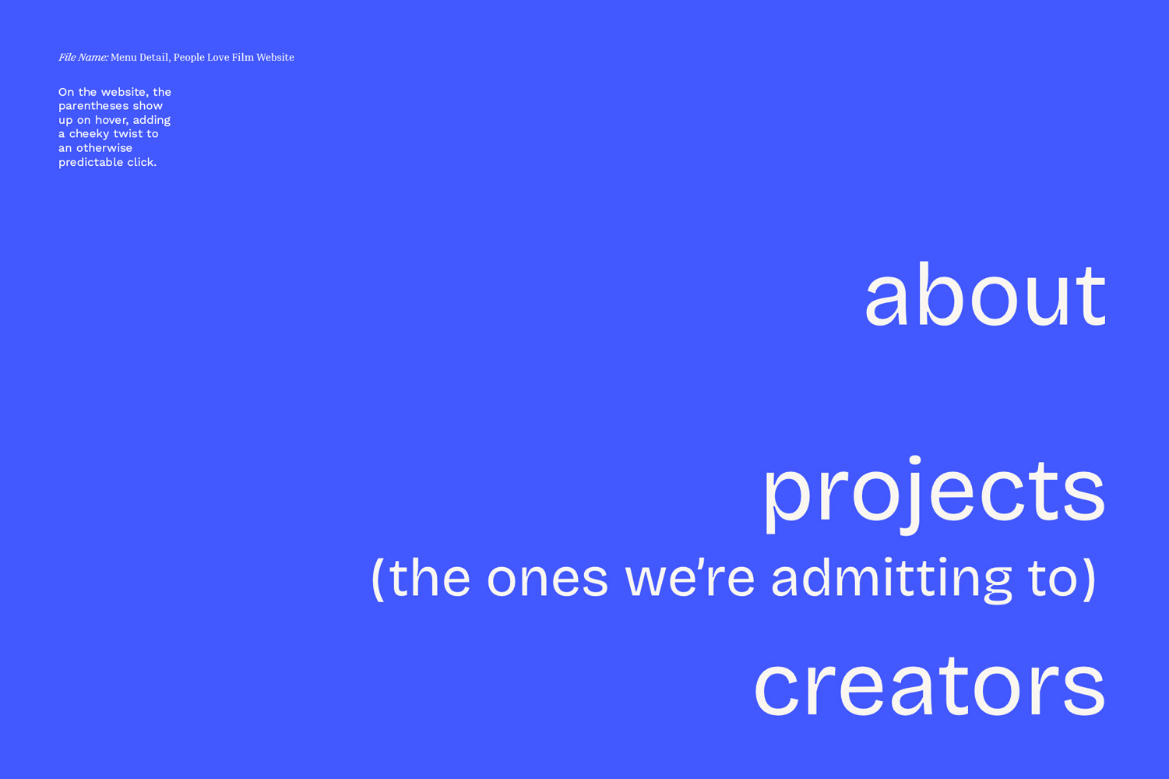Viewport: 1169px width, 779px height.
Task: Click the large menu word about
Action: pos(985,294)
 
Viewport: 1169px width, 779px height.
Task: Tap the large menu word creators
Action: pos(929,687)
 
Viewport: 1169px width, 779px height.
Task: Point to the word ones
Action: pos(548,580)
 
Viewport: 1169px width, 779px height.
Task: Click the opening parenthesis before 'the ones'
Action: pos(377,580)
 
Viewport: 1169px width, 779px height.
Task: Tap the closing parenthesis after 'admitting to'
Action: pos(1089,580)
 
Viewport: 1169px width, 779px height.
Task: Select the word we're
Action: pos(690,579)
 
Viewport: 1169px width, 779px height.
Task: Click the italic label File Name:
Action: pos(83,57)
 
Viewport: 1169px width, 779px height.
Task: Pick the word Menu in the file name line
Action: pos(124,57)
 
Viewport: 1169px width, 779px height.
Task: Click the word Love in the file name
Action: pos(218,57)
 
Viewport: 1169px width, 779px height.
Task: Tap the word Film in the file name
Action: pos(243,57)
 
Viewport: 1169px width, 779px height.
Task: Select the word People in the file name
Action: pos(189,58)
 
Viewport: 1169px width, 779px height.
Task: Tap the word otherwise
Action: pos(104,148)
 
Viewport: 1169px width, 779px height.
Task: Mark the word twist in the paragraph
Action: pos(128,134)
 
